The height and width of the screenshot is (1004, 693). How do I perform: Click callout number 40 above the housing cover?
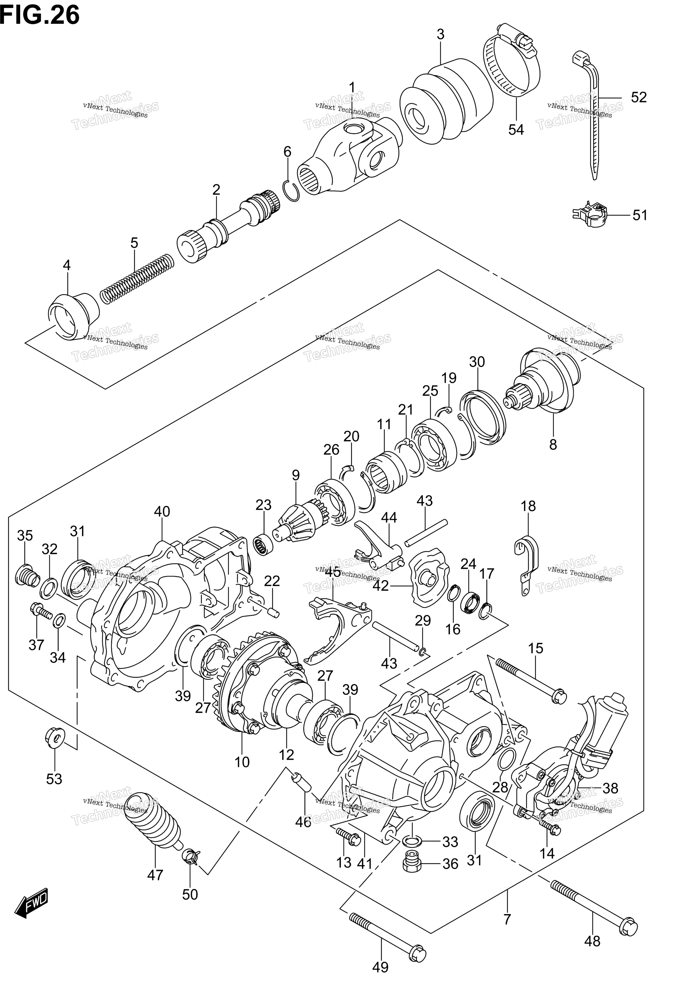point(162,511)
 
